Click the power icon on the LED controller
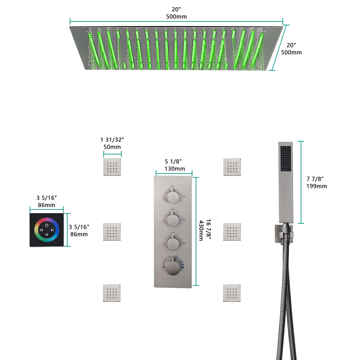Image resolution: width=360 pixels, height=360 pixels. pyautogui.click(x=47, y=225)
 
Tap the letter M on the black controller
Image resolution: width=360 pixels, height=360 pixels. pyautogui.click(x=47, y=235)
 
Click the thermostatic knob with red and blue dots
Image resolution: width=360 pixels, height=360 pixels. pyautogui.click(x=173, y=267)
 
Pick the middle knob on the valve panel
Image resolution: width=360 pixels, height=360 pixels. pyautogui.click(x=172, y=219)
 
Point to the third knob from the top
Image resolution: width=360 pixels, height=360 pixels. pyautogui.click(x=172, y=242)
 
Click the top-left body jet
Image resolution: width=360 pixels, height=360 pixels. pyautogui.click(x=112, y=167)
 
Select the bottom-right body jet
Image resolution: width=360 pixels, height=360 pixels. pyautogui.click(x=232, y=293)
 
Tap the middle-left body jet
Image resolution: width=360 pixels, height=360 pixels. pyautogui.click(x=112, y=232)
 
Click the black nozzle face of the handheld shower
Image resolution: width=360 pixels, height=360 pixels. pyautogui.click(x=286, y=159)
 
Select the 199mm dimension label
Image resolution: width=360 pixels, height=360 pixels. pyautogui.click(x=316, y=186)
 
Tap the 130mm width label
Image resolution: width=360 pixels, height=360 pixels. pyautogui.click(x=175, y=169)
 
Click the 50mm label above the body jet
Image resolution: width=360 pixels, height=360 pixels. pyautogui.click(x=112, y=147)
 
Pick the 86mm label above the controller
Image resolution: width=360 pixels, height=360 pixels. pyautogui.click(x=46, y=205)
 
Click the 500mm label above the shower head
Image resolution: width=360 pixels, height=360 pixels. pyautogui.click(x=176, y=17)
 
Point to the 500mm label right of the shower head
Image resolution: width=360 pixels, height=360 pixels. pyautogui.click(x=291, y=52)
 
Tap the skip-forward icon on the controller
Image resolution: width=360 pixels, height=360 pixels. pyautogui.click(x=52, y=230)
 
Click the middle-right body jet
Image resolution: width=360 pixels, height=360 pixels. pyautogui.click(x=232, y=232)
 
